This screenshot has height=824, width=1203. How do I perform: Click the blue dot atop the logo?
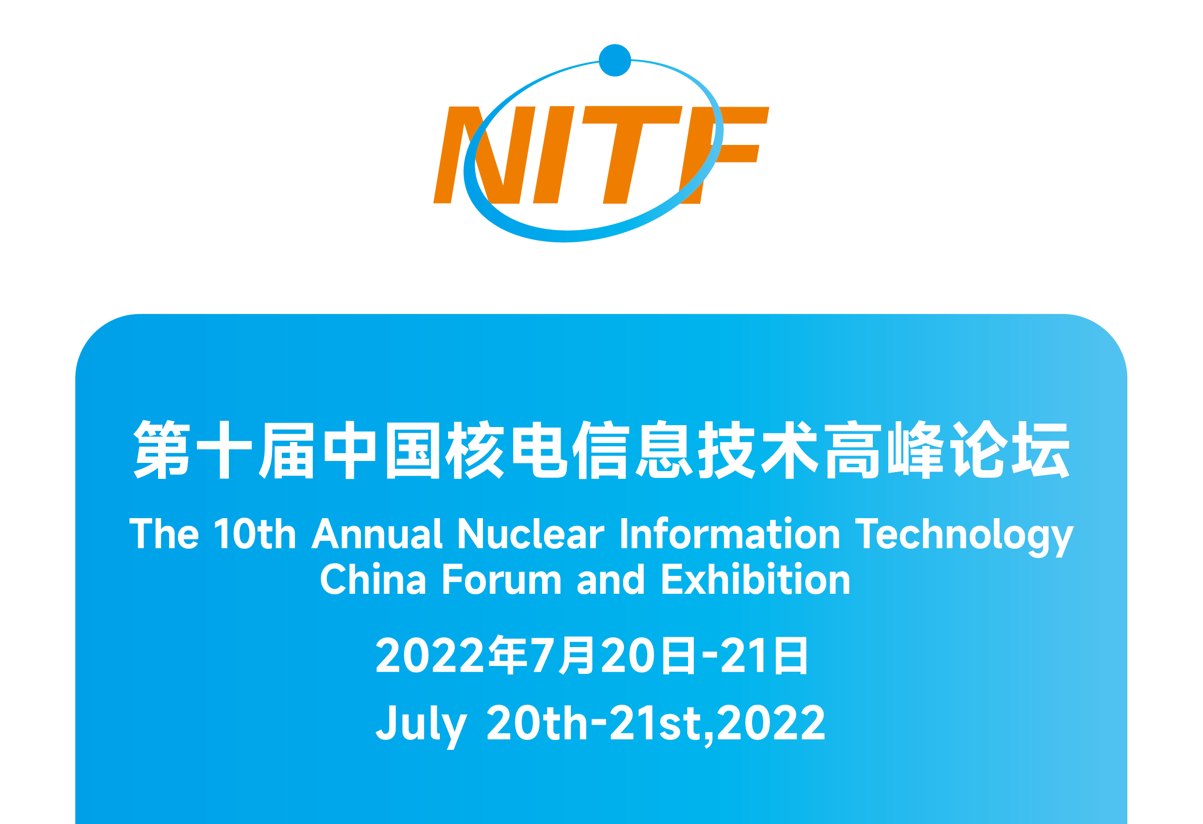pos(614,61)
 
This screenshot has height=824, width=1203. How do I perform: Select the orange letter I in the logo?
pos(554,155)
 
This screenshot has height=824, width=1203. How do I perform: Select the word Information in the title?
pos(729,533)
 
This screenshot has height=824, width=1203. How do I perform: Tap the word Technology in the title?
pos(964,537)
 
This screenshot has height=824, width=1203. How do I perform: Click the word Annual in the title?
pos(376,534)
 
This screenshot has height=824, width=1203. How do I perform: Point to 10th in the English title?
pos(255,534)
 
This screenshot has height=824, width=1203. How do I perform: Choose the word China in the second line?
pos(373,579)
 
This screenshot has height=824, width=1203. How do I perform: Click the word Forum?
pos(501,579)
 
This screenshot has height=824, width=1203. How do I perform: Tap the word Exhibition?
pos(756,579)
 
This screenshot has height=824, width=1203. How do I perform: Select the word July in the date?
pos(421,726)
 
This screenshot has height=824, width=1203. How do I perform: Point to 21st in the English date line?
pos(655,722)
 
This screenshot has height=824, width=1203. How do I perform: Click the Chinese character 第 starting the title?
pos(161,449)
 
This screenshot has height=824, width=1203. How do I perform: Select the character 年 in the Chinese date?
pos(508,655)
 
